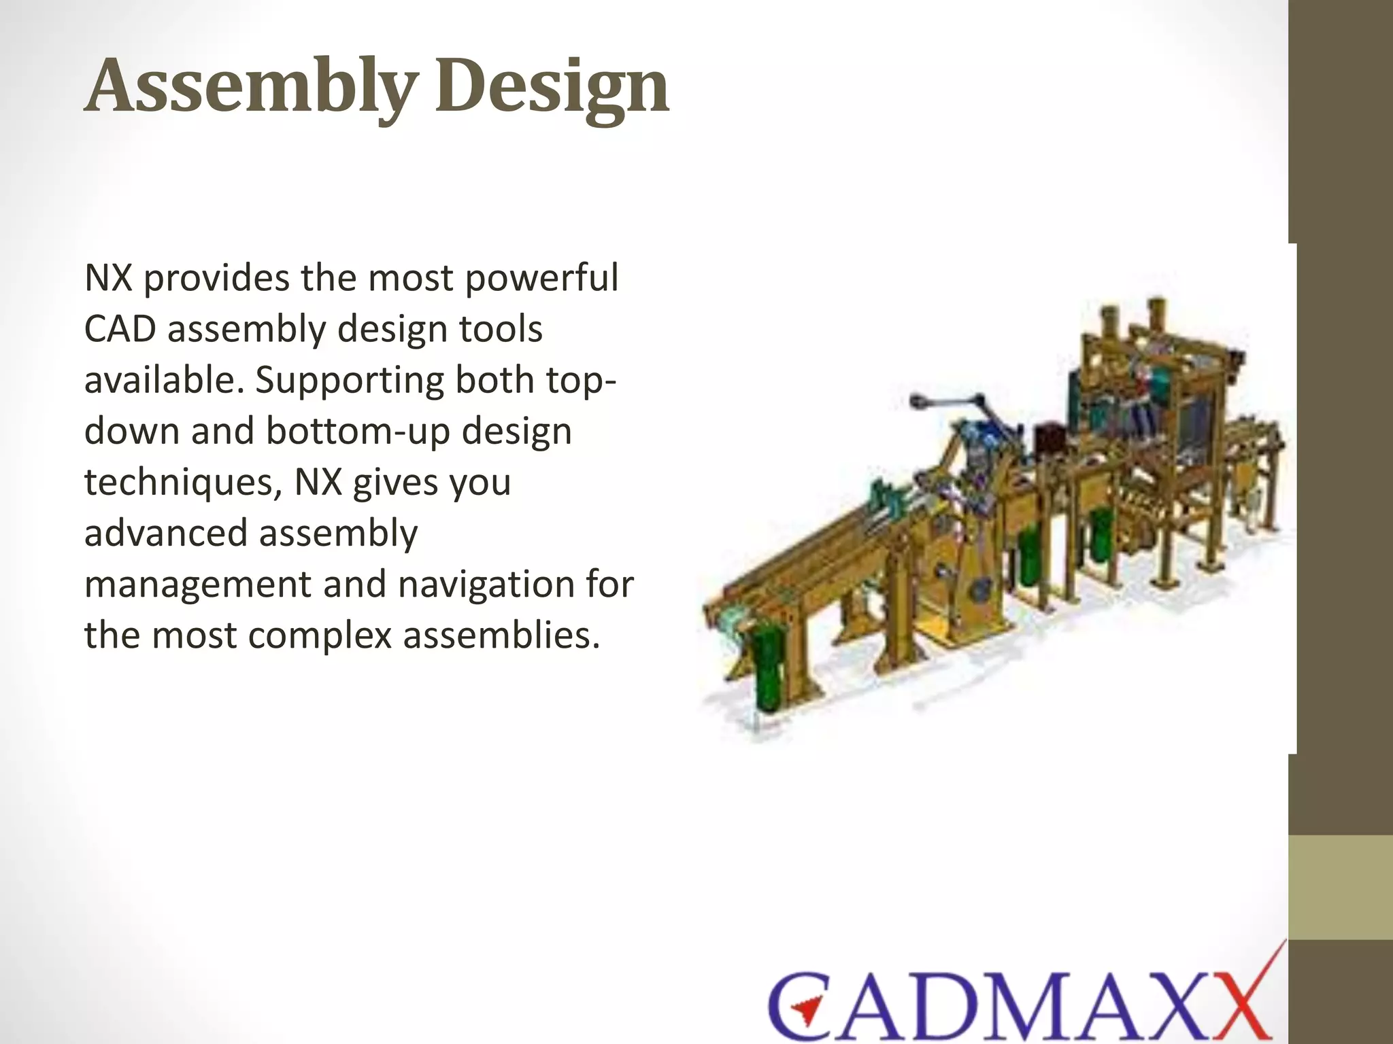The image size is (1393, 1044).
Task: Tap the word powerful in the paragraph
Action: coord(542,279)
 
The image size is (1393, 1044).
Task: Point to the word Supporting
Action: coord(347,381)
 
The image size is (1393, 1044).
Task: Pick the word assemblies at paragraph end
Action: coord(501,636)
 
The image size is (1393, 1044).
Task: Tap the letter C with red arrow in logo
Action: coord(803,1006)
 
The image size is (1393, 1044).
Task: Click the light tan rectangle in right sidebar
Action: coord(1340,887)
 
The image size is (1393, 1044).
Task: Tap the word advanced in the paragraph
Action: coord(165,534)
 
